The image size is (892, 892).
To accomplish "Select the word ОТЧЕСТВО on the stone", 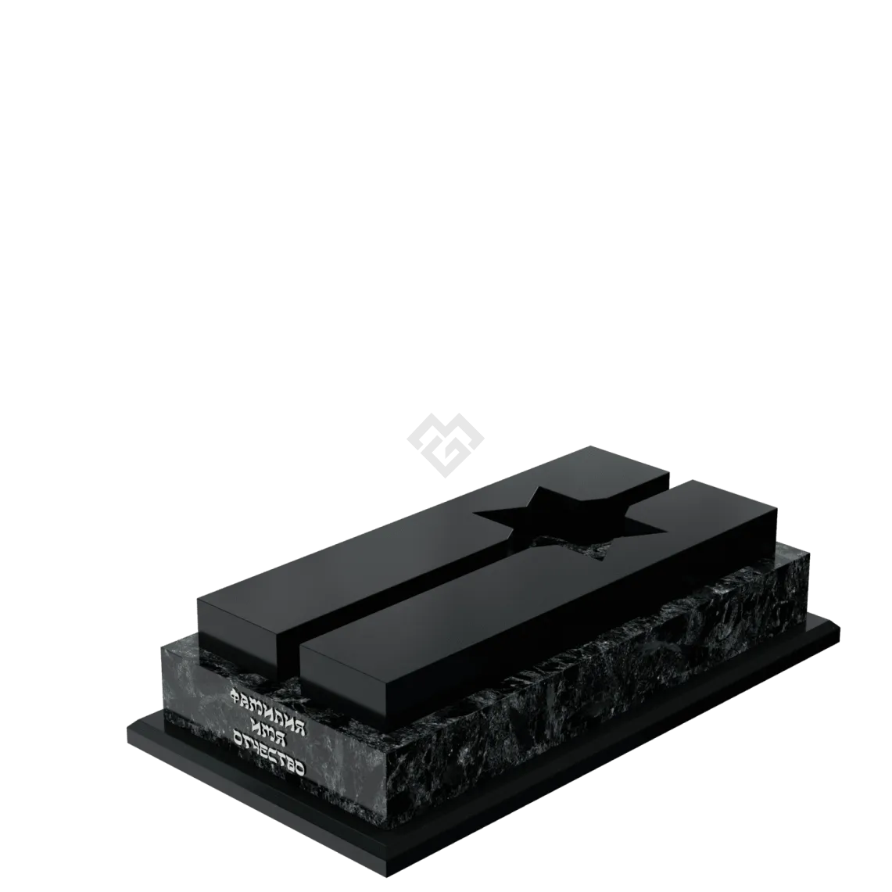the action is [x=267, y=753].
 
